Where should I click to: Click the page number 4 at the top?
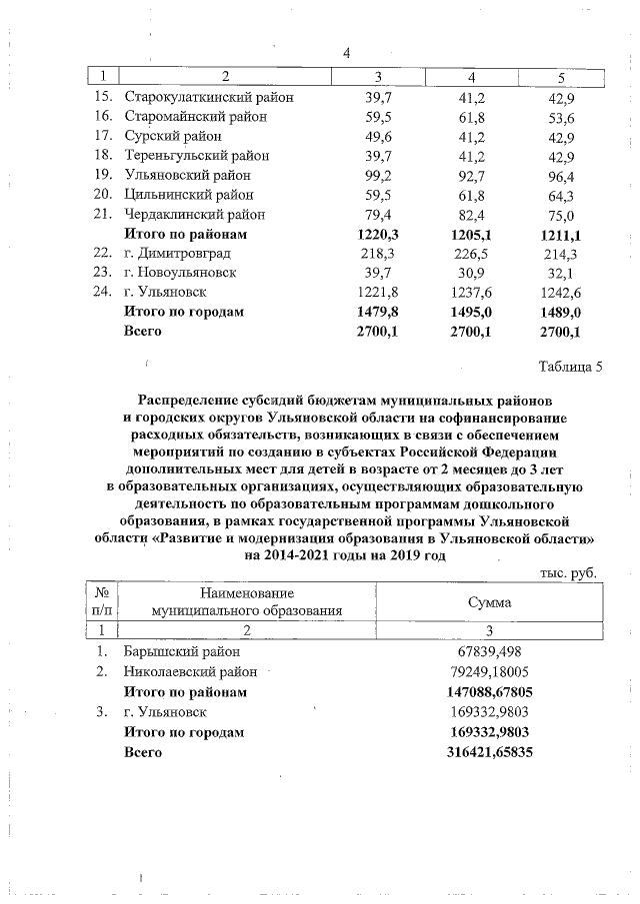coord(346,53)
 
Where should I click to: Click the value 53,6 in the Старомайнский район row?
coord(560,116)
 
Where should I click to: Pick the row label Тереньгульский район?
coord(196,156)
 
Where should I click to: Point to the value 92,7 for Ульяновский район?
coord(469,175)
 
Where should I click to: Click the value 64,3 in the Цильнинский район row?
coord(560,195)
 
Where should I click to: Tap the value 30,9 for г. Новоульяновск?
coord(469,273)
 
